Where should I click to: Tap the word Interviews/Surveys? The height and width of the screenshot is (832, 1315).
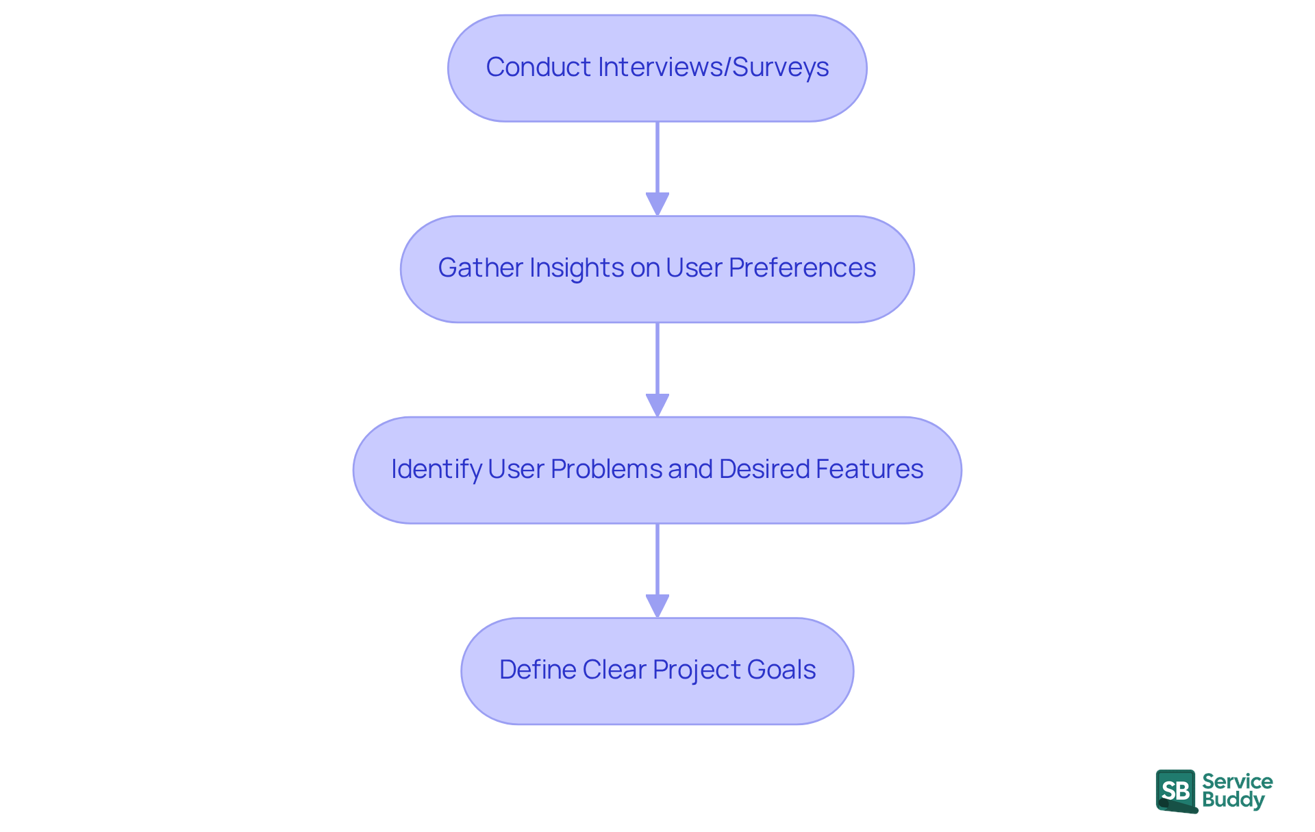click(713, 67)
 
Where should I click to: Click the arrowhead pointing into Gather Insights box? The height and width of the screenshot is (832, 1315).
click(657, 204)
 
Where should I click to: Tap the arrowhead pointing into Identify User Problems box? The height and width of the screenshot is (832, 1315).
click(657, 405)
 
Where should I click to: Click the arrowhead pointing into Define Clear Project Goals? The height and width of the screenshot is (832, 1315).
click(657, 605)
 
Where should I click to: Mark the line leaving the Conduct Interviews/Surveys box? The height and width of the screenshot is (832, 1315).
click(657, 157)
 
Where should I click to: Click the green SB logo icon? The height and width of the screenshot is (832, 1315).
click(1176, 791)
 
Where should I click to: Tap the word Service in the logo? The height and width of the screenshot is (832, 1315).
click(1237, 781)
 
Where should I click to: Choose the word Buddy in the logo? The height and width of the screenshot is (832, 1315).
click(1233, 800)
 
